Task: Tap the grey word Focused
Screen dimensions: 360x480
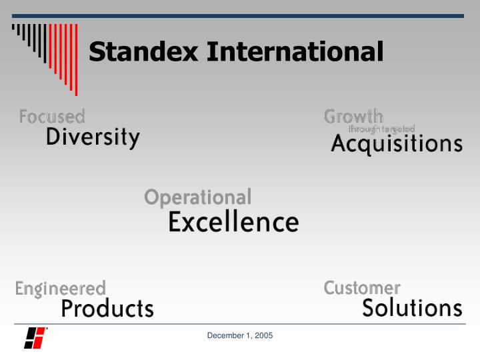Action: click(52, 117)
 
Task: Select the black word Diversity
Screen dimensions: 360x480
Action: click(93, 137)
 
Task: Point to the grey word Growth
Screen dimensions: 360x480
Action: click(353, 116)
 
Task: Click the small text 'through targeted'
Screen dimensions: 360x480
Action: click(381, 129)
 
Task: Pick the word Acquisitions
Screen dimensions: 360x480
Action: click(396, 144)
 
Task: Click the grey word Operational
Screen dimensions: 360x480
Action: click(198, 197)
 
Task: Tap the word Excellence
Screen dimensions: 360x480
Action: click(233, 222)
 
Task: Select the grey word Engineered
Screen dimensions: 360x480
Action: click(60, 289)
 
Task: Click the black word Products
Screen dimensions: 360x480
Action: click(107, 309)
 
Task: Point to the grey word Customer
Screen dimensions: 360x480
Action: click(362, 288)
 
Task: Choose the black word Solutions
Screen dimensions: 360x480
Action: click(412, 308)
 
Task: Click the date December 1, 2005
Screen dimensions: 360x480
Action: click(240, 335)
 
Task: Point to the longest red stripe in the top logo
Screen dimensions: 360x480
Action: click(76, 60)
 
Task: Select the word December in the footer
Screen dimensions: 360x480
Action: click(223, 335)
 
